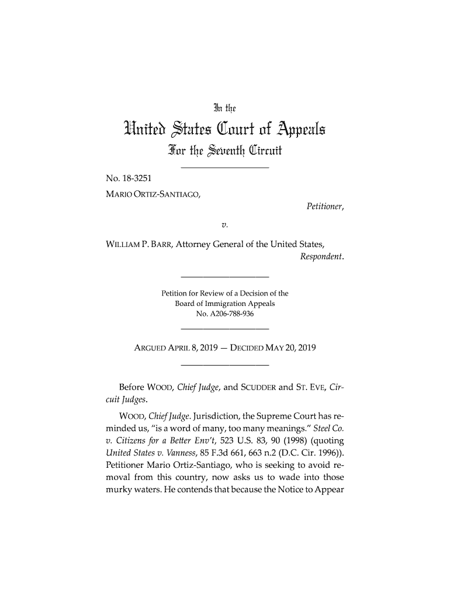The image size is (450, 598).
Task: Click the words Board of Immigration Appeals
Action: (x=225, y=304)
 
